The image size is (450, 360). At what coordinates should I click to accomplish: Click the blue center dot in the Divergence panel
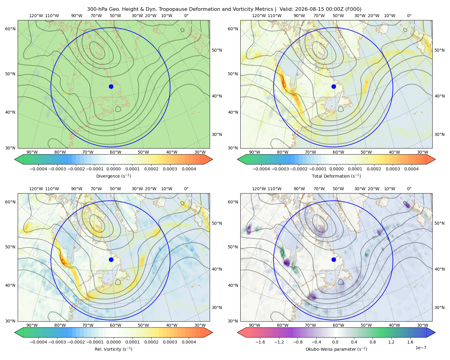[111, 86]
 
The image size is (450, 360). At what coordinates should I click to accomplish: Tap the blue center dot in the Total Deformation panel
[334, 86]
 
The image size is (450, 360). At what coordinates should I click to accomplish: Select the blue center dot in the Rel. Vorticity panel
[111, 259]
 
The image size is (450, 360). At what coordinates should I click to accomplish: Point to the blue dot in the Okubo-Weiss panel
[334, 259]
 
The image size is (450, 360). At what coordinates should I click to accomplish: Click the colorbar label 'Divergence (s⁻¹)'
[113, 176]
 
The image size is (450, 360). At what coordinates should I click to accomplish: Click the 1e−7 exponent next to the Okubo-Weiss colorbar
[421, 348]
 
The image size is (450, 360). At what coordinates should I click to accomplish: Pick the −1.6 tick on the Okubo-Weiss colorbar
[260, 342]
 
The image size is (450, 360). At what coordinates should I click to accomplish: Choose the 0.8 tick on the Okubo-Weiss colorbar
[373, 342]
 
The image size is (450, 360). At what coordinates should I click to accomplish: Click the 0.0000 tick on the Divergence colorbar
[113, 169]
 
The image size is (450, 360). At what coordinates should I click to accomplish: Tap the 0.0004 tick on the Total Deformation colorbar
[412, 169]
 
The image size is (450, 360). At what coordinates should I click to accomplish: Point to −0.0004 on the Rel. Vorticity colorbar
[38, 342]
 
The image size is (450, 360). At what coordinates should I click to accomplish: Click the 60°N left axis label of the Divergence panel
[10, 29]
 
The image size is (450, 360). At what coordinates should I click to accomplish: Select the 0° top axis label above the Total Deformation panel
[409, 16]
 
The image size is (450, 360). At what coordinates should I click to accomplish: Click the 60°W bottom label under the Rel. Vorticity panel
[115, 325]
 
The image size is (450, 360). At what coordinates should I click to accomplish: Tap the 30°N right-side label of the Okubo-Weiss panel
[439, 307]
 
